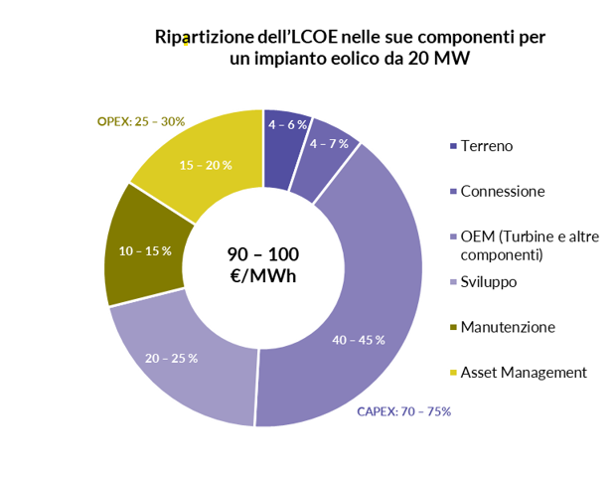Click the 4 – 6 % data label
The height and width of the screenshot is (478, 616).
288,124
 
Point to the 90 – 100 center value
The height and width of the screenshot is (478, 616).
262,254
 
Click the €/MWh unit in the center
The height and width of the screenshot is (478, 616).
262,276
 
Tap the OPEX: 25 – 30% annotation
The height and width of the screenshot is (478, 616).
141,121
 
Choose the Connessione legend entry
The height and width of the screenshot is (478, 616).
503,191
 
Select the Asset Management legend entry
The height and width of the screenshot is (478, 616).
524,373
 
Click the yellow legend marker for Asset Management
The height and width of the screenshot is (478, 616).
453,373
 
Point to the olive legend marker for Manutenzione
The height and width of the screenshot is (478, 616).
453,327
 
